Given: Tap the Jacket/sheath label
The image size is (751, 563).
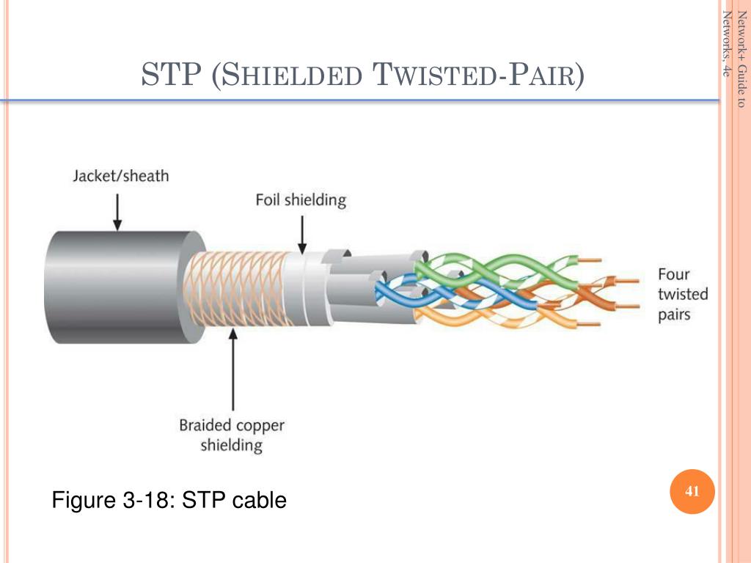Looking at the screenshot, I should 120,176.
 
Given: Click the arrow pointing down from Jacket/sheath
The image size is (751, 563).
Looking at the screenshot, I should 117,212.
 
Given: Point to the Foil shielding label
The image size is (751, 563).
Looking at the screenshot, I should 300,199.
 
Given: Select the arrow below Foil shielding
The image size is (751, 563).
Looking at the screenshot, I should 301,236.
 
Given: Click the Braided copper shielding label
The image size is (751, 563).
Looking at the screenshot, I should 232,435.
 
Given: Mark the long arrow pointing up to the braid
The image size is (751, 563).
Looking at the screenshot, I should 233,370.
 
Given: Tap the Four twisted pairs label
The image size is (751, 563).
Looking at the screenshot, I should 682,295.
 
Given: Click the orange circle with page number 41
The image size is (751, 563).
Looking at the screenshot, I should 692,491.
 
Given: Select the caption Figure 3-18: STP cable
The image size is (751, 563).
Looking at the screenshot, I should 169,501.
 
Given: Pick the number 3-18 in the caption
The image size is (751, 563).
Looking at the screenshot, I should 150,501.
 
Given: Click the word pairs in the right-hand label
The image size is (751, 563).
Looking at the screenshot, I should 674,315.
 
